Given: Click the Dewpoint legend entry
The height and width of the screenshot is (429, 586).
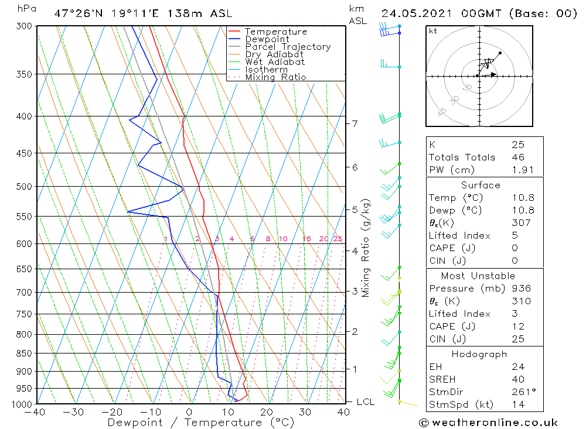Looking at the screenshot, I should (x=267, y=39).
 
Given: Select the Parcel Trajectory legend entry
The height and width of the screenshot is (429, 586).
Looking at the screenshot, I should (x=288, y=47).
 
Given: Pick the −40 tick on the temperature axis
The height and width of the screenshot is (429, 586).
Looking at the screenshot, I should (x=36, y=412).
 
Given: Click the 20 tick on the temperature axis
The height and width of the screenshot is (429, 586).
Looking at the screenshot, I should (x=267, y=412).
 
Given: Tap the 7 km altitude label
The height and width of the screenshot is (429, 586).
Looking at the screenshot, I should (x=355, y=123).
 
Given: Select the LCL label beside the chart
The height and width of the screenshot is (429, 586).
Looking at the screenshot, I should (x=365, y=402).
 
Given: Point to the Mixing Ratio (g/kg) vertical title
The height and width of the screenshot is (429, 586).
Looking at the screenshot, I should (x=366, y=248).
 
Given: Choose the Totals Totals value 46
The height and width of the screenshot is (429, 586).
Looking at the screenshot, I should (x=517, y=157).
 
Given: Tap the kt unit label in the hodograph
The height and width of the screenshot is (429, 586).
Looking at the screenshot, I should (x=432, y=31).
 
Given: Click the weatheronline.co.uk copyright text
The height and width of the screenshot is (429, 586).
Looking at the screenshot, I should (x=488, y=423).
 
